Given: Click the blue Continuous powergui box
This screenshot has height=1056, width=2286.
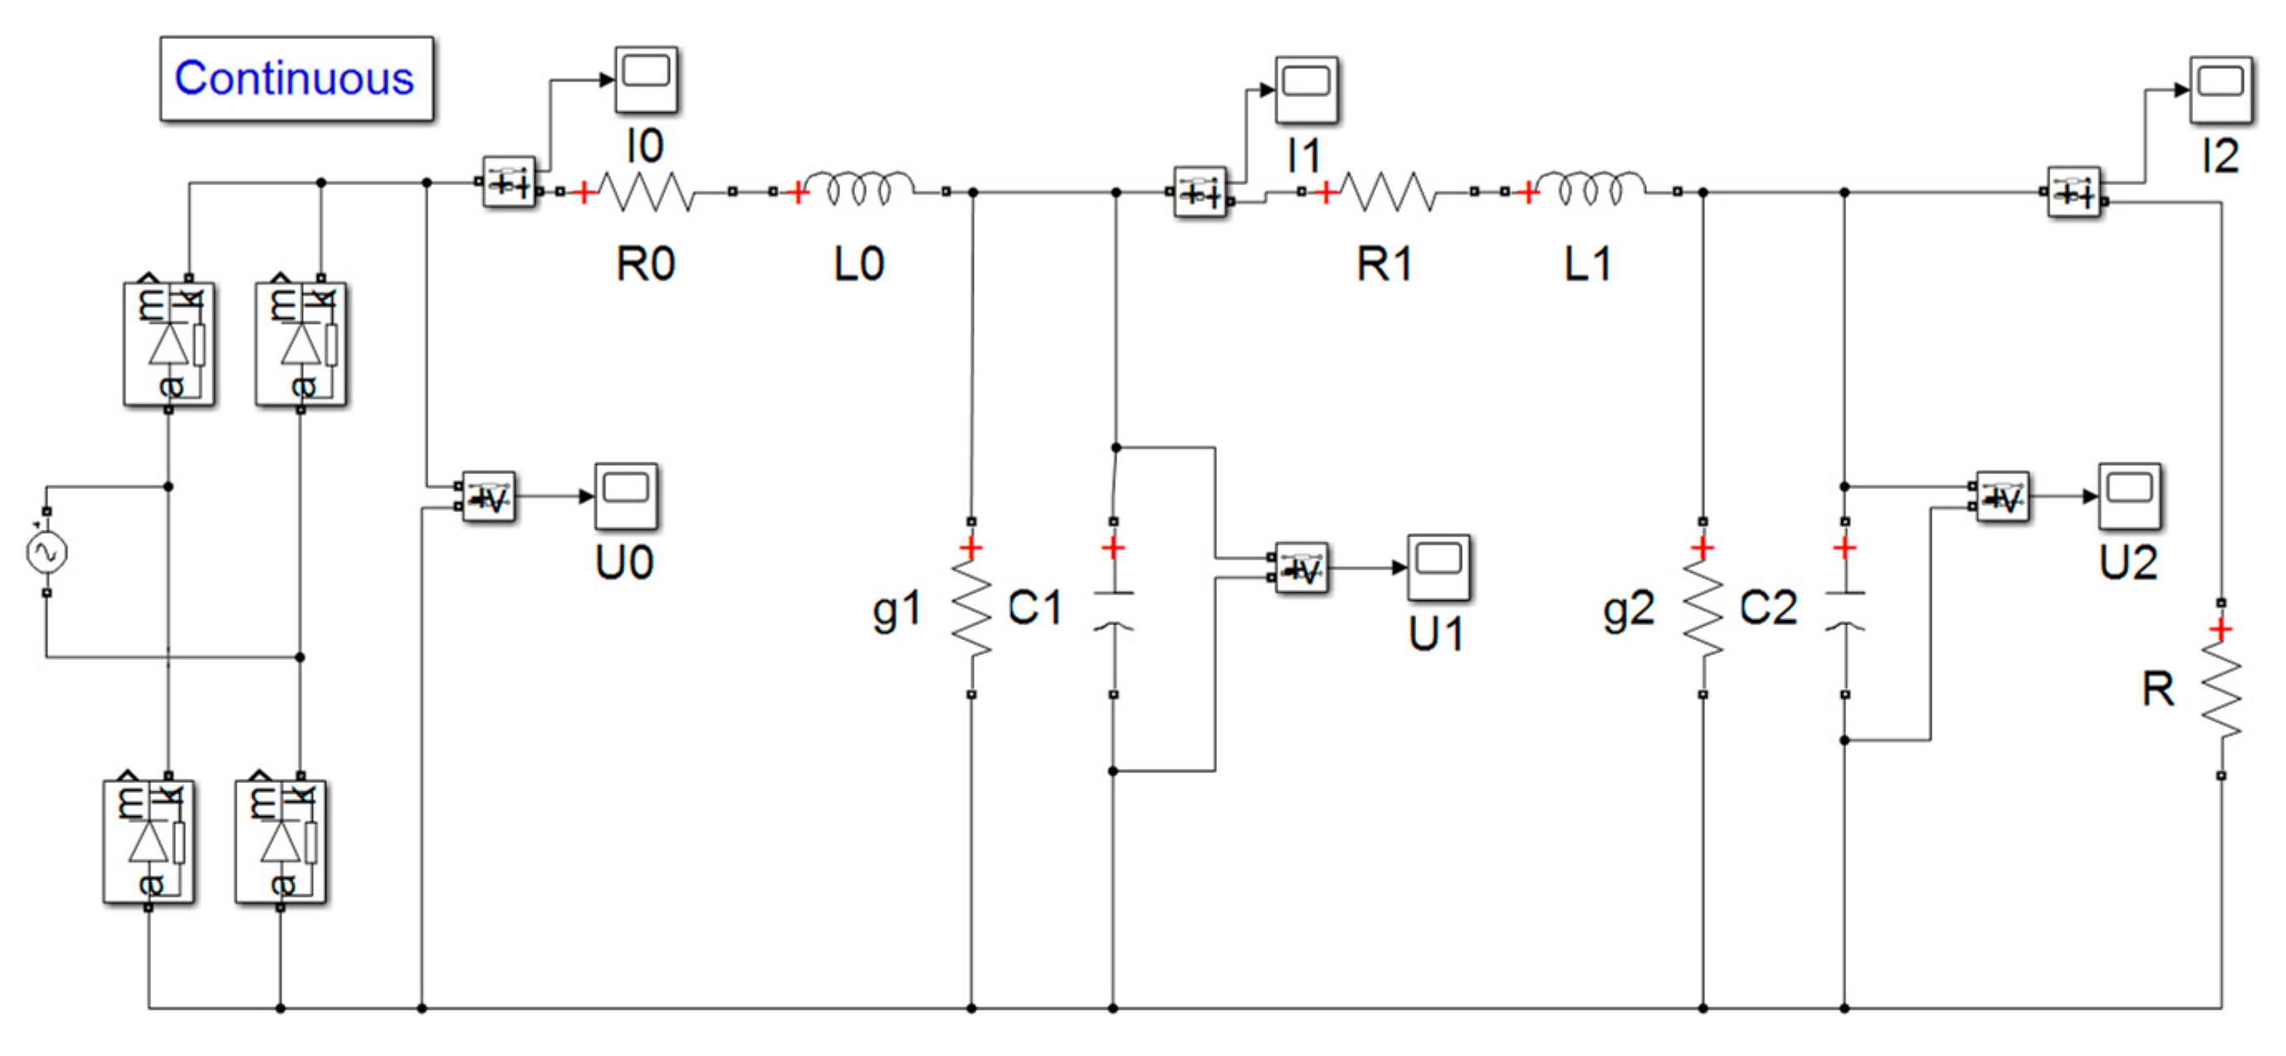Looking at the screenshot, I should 296,78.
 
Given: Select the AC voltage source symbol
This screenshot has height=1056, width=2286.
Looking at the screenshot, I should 46,552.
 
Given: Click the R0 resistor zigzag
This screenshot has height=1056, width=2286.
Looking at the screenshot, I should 645,192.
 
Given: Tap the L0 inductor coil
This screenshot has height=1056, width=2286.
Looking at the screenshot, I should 858,189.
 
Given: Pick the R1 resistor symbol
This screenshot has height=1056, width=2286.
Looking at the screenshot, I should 1385,192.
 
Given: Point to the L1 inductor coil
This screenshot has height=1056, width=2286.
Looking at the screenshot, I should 1590,189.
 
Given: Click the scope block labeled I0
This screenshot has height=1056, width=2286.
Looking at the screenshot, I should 647,80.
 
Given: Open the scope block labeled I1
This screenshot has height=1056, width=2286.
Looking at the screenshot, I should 1307,90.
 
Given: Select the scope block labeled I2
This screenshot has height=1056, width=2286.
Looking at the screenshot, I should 2220,90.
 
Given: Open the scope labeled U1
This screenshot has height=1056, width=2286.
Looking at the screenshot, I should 1439,568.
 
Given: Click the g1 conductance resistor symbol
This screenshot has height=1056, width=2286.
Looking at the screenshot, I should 972,609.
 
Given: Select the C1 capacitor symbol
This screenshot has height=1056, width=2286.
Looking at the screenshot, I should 1114,609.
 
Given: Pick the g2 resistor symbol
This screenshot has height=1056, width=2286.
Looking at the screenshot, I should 1703,609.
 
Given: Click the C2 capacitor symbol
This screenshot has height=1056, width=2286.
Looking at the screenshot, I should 1845,609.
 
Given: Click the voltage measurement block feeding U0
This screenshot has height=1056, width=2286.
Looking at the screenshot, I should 489,497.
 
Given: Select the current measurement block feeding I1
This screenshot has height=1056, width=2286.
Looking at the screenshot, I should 1200,192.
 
